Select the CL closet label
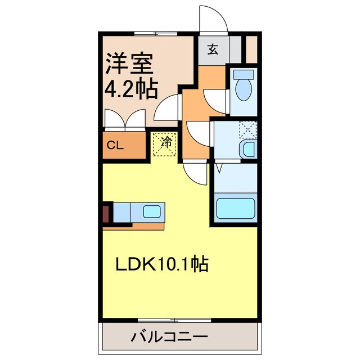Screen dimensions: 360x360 (x=115, y=145)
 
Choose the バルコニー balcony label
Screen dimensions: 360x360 (x=170, y=337)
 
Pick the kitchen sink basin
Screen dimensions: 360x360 (x=151, y=211)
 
